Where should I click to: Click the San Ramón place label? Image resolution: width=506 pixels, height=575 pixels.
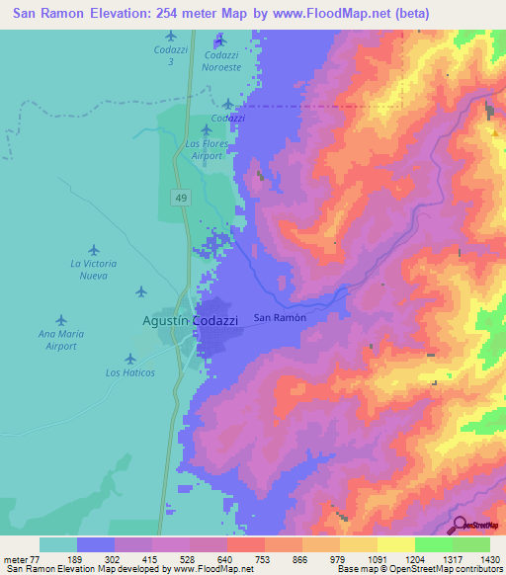tap(281, 318)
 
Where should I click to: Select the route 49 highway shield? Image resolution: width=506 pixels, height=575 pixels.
tap(181, 199)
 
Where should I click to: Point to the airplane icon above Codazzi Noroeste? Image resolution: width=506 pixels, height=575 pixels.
tap(219, 40)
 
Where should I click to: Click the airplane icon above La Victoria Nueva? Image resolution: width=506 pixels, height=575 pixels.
tap(94, 250)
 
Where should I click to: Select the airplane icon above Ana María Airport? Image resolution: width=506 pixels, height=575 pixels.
tap(61, 320)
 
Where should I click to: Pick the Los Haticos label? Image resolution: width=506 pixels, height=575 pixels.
tap(129, 373)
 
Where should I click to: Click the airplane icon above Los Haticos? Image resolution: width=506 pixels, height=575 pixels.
tap(130, 358)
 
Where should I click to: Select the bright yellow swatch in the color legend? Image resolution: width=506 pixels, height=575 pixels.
tap(395, 544)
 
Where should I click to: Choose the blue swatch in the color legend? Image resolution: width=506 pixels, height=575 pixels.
tap(96, 544)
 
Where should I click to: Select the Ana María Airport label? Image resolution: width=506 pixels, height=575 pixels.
tap(61, 341)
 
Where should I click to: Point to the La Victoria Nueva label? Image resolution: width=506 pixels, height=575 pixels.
tap(94, 270)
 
